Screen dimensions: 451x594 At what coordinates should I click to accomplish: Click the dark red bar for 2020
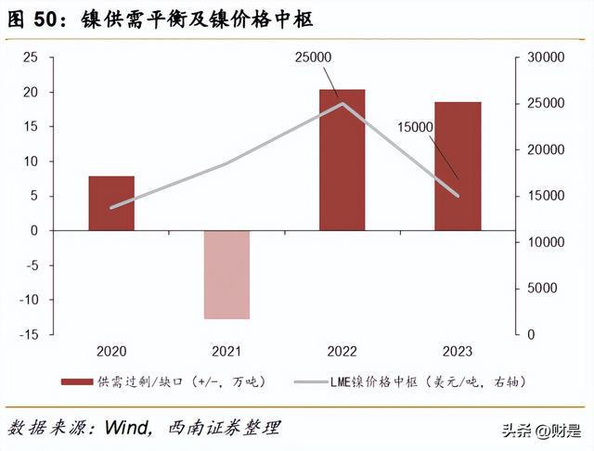tap(111, 203)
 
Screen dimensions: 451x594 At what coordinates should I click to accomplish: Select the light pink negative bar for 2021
tap(226, 275)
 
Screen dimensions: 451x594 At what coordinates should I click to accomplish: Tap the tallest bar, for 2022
tap(342, 160)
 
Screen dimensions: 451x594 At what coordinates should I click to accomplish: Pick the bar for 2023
tap(457, 166)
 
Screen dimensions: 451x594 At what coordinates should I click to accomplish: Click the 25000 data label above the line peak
tap(314, 58)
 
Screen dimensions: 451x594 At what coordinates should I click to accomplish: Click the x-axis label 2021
tap(226, 351)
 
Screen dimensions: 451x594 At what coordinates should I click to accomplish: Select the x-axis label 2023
tap(457, 351)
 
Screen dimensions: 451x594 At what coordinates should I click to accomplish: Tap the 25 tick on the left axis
tap(30, 58)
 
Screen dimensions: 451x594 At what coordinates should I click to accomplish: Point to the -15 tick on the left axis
tap(28, 334)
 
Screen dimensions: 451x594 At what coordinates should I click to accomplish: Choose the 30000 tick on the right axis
tap(544, 58)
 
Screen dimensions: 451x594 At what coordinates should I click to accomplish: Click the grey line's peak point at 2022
tap(342, 103)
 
